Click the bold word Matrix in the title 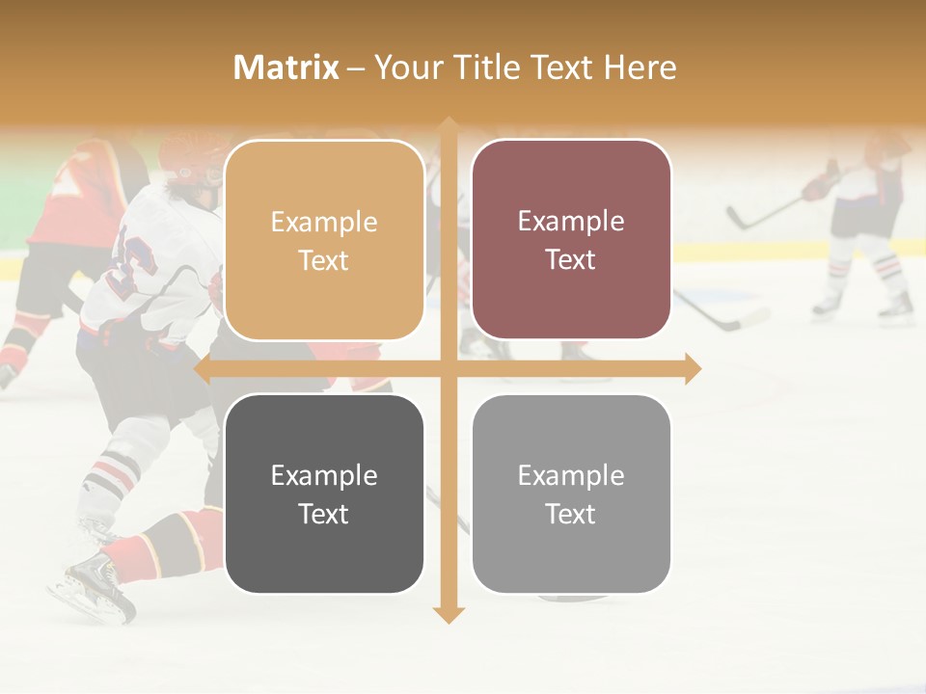pos(286,67)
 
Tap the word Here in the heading pos(640,67)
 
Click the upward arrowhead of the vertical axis pos(448,126)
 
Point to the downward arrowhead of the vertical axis pos(448,614)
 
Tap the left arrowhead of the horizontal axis pos(204,368)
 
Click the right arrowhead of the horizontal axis pos(692,368)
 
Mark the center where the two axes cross pos(448,368)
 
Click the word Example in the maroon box pos(571,222)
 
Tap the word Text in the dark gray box pos(324,514)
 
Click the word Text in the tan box pos(324,260)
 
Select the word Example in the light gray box pos(571,475)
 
